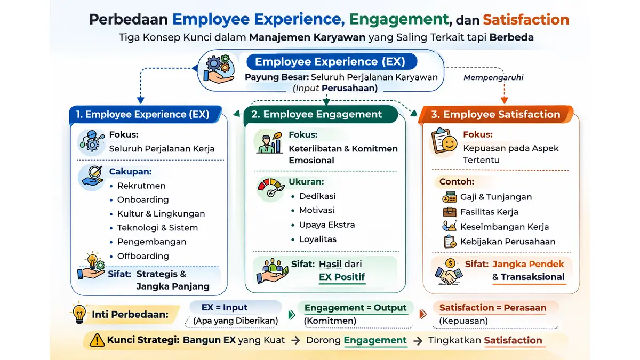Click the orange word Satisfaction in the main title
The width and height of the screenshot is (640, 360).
tap(526, 20)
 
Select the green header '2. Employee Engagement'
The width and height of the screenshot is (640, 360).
tap(322, 114)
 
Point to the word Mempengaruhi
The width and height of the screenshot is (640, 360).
tap(493, 77)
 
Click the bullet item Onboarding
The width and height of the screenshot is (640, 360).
tap(143, 199)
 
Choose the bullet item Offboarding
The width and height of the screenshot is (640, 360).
tap(143, 256)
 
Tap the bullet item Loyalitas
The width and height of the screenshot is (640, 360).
tap(317, 239)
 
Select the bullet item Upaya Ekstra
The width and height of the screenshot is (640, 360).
tap(326, 225)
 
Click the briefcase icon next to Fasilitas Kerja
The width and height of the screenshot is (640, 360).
tap(450, 212)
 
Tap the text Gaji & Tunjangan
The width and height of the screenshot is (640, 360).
tap(496, 197)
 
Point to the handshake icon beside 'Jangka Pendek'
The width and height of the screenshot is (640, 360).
tap(448, 272)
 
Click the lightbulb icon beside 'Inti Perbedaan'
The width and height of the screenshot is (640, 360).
tap(80, 314)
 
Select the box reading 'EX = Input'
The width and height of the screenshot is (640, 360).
tap(235, 307)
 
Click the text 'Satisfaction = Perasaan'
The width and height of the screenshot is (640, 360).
tap(492, 308)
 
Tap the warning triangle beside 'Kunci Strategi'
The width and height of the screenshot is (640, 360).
tap(97, 340)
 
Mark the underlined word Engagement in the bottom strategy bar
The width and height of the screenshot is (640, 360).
tap(375, 340)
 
